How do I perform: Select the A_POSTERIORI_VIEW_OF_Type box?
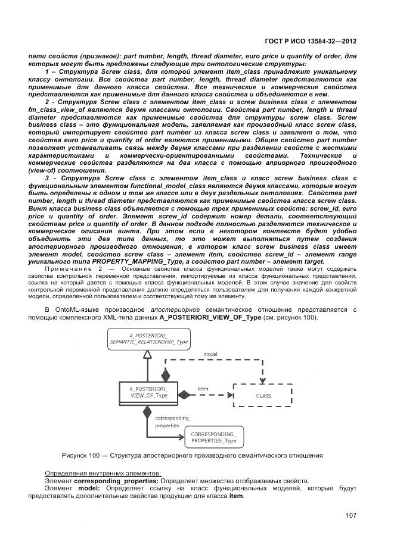(x=148, y=393)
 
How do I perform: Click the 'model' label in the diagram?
(x=210, y=353)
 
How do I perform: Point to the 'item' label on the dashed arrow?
(x=203, y=389)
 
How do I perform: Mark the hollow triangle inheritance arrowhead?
(x=148, y=355)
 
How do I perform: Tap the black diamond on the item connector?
(x=185, y=395)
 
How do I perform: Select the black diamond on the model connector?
(x=166, y=375)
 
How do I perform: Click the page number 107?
(x=351, y=515)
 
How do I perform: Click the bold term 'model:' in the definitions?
(x=88, y=489)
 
